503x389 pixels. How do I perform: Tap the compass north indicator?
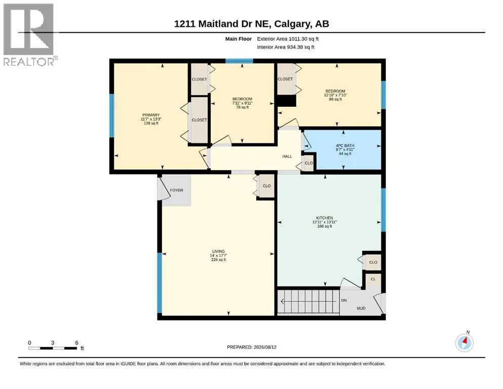(x=465, y=342)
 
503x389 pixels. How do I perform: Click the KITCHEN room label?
(x=325, y=218)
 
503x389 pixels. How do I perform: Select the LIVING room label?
(x=218, y=251)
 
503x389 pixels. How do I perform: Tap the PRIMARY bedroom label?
(x=151, y=115)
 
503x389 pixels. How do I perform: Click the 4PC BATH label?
(x=345, y=145)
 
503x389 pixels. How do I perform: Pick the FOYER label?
(x=176, y=190)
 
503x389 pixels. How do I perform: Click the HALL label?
(x=287, y=157)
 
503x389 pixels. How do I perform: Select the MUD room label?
(x=361, y=308)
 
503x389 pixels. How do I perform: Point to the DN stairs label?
(x=344, y=300)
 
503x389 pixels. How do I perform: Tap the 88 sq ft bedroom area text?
(x=335, y=99)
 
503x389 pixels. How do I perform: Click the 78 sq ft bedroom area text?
(x=243, y=107)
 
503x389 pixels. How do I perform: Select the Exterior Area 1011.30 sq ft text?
(x=288, y=39)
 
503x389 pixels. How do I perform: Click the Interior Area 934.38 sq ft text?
(x=286, y=47)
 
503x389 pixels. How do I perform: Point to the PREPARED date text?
(x=251, y=347)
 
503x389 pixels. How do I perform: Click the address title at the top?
(x=251, y=24)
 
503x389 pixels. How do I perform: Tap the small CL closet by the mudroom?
(x=373, y=279)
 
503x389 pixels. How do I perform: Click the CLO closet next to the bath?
(x=308, y=163)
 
